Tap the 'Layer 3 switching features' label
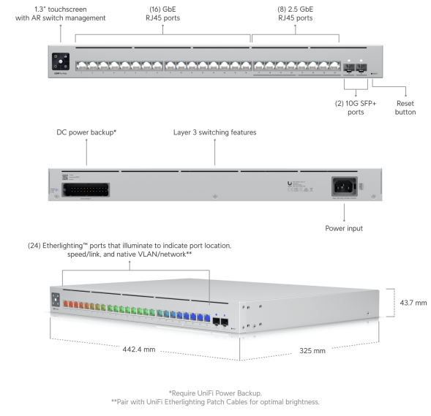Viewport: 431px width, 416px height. click(214, 133)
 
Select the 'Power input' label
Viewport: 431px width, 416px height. click(344, 228)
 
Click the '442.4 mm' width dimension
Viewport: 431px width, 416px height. click(138, 349)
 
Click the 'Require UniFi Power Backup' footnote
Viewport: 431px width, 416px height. click(214, 393)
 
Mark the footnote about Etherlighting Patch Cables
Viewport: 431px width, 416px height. click(214, 402)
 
